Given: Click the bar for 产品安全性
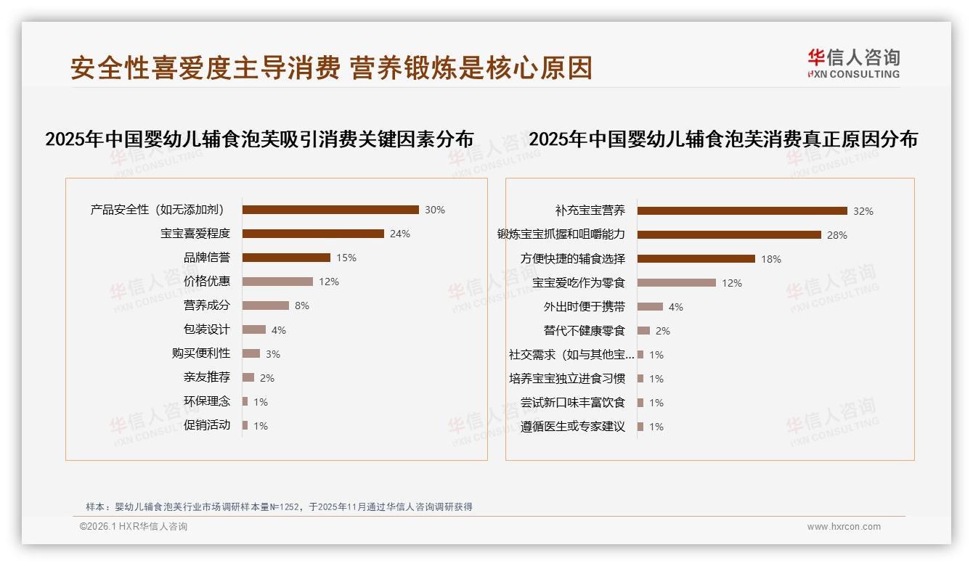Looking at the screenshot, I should [x=330, y=210].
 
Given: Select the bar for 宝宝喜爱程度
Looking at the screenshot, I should [x=313, y=234].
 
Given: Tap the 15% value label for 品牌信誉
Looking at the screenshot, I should [x=346, y=258].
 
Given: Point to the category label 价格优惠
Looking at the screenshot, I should [x=207, y=282].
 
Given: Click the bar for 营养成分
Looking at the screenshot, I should [x=266, y=305].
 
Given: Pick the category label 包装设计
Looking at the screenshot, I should [x=207, y=329].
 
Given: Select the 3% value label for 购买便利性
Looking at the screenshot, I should [x=273, y=354].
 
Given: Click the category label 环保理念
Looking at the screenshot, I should [x=207, y=401].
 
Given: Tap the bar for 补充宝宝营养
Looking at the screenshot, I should [x=742, y=211].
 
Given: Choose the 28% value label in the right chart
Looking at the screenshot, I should [x=837, y=235].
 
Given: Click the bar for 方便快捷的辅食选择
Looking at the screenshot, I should [x=696, y=258].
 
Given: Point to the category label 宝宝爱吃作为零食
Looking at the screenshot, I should [x=579, y=282].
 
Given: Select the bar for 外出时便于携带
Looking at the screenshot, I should [x=650, y=307].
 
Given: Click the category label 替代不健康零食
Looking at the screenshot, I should [x=585, y=331].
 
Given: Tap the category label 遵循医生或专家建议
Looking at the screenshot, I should [x=573, y=427].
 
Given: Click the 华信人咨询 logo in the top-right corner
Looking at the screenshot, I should [x=853, y=64].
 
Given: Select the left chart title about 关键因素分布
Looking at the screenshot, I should [x=259, y=139].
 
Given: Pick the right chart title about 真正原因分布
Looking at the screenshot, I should [x=723, y=139].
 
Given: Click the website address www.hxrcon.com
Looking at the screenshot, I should [x=844, y=527].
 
